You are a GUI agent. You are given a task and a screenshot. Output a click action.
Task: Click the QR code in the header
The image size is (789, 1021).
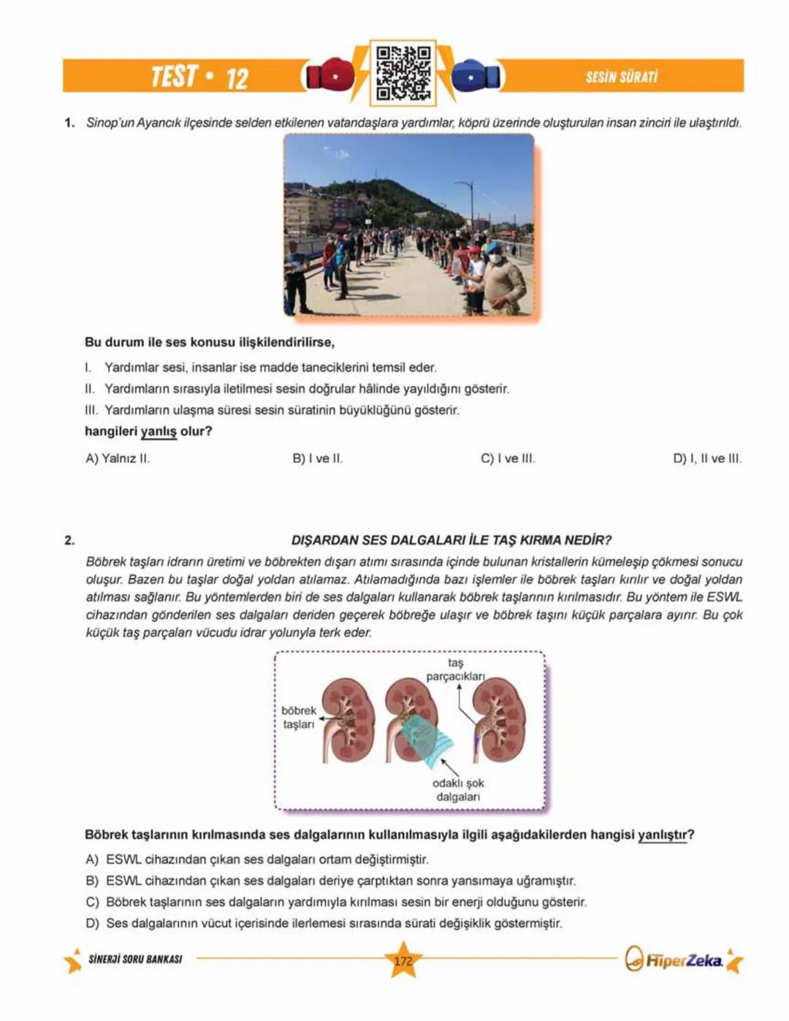pos(403,74)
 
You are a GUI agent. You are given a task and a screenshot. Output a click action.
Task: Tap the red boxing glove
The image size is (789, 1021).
pos(329,75)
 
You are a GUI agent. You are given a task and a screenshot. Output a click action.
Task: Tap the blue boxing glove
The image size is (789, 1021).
pos(476,75)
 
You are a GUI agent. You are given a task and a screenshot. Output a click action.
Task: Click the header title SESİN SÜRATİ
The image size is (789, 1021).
pos(621,77)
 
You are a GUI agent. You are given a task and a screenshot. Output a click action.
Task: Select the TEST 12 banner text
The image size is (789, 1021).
pos(199,77)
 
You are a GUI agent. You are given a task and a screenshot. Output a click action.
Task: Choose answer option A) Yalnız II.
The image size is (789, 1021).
pos(118,459)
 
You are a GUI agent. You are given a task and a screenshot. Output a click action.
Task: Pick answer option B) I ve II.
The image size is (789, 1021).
pos(317,459)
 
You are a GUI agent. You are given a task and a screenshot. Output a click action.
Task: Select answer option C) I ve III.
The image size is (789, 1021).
pos(508,459)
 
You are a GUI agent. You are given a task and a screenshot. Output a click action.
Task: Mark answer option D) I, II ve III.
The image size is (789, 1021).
pos(706,459)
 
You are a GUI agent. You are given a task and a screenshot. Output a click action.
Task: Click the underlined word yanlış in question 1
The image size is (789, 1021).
pos(159,432)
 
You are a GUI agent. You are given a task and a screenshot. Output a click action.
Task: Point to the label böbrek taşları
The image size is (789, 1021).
pos(298,717)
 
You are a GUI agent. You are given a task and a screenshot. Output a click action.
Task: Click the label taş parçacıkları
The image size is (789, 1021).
pos(455,669)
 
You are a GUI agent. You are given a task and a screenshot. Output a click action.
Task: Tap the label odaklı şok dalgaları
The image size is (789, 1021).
pos(458,790)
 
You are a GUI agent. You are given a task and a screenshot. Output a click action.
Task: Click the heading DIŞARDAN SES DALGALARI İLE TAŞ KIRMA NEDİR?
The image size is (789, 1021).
pos(451,540)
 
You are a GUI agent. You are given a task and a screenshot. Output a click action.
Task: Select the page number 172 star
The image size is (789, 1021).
pos(403,961)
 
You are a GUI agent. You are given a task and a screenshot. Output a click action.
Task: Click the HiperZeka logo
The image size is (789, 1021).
pos(682,960)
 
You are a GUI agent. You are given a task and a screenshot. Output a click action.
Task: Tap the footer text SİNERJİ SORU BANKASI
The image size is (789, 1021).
pos(135,959)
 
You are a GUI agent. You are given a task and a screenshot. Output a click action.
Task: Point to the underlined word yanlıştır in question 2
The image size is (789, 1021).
pos(662,835)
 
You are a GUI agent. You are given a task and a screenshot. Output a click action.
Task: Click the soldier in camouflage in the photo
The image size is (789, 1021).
pos(504,281)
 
